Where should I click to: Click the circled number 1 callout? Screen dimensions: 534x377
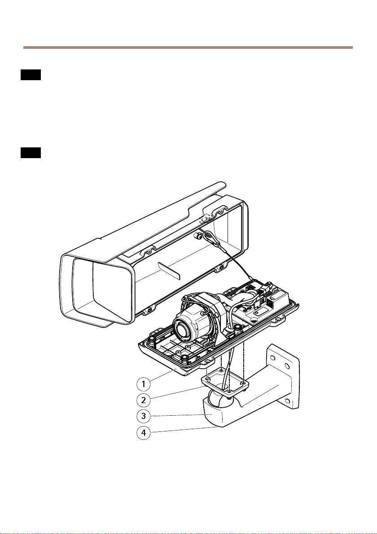(x=143, y=383)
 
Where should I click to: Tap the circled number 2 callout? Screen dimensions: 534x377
(x=143, y=400)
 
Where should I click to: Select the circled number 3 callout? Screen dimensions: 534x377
(x=143, y=416)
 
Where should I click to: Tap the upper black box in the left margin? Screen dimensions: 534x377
(x=31, y=75)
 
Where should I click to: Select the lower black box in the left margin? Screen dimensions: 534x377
(x=31, y=153)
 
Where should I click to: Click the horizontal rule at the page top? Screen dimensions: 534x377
(x=188, y=47)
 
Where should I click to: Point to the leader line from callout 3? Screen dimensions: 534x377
(x=180, y=416)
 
